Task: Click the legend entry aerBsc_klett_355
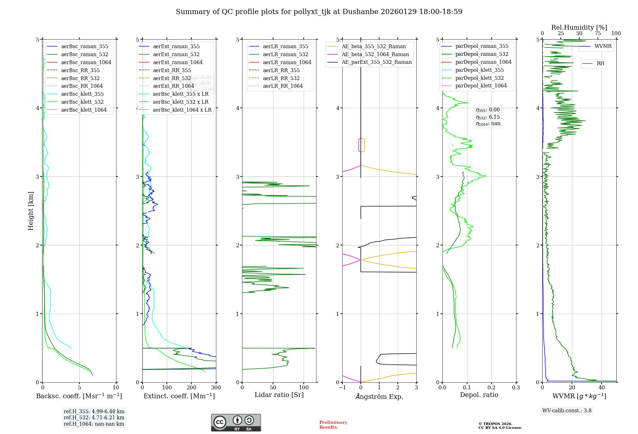point(82,94)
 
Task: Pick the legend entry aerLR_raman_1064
point(287,62)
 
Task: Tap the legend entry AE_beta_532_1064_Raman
point(375,54)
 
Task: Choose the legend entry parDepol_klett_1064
point(481,86)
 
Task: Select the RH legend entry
point(600,64)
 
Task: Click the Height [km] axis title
point(31,211)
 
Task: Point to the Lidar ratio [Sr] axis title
point(279,395)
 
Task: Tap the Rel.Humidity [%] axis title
point(579,27)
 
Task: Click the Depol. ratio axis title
point(479,395)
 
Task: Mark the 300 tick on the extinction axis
point(216,388)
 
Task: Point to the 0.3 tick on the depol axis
point(516,388)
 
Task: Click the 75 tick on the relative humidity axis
point(597,34)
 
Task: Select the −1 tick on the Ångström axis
point(342,388)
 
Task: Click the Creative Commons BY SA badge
point(236,423)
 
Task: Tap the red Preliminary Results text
point(333,425)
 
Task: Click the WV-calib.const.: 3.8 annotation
point(567,411)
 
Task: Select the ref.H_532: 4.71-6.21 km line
point(94,418)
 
